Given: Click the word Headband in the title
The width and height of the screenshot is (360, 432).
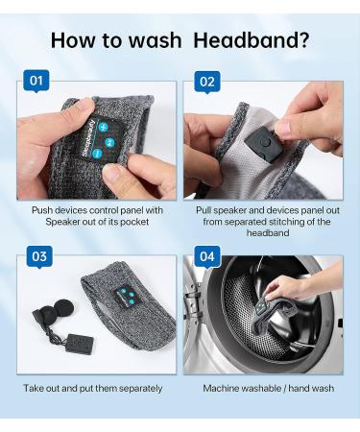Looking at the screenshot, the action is pos(247,40).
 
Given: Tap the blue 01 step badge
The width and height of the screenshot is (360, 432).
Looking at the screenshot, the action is pos(36,81).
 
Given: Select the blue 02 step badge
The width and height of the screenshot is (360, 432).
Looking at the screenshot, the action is pos(207,82).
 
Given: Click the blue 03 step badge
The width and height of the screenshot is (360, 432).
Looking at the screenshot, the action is pos(39,256).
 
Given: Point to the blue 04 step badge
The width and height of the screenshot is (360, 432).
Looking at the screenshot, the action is pos(207,256).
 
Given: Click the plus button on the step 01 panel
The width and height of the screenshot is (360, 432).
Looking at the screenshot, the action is pos(104,127).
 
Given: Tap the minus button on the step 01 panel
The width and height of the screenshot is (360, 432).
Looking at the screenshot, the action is pos(97,154).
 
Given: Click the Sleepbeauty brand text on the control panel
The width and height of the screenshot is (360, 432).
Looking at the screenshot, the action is pos(88,137).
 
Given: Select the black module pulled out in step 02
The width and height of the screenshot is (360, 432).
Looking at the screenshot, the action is pos(262,144).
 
